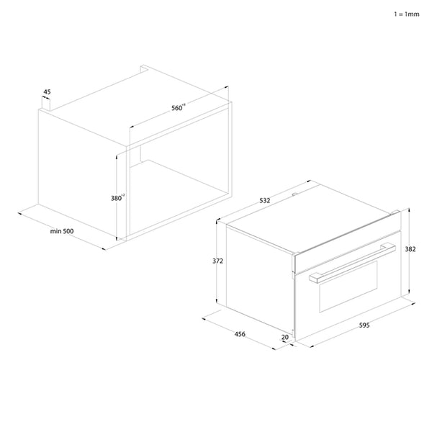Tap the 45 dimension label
[x=47, y=91]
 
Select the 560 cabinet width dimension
[x=178, y=107]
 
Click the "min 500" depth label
[x=62, y=230]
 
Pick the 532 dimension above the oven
[x=264, y=201]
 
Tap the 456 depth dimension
[x=240, y=334]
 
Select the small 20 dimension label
[x=285, y=337]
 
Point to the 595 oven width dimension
[x=364, y=326]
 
